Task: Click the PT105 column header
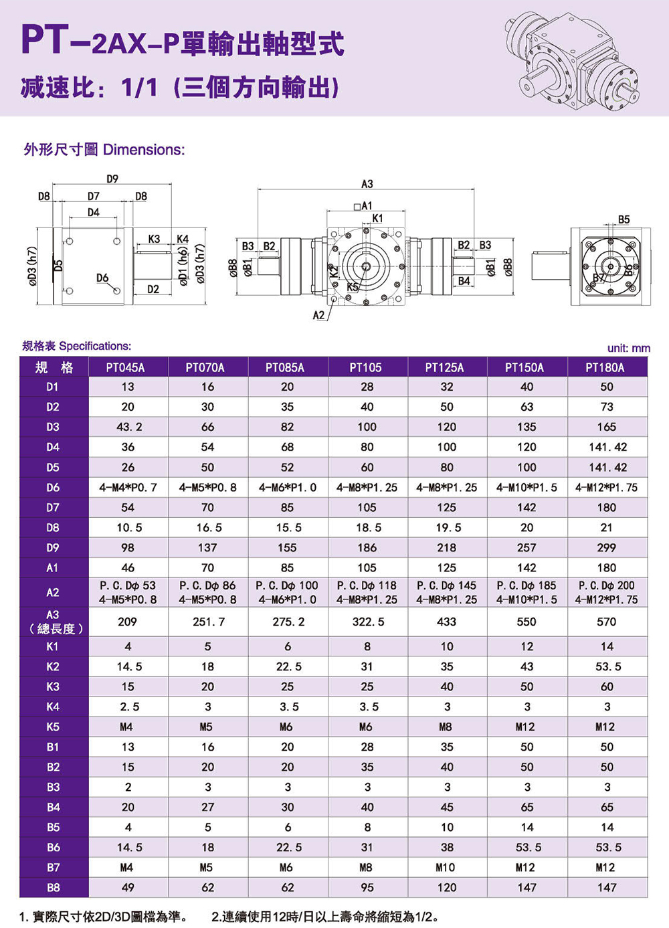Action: [365, 367]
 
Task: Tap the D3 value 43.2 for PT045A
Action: [128, 427]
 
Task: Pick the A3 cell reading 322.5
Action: [368, 622]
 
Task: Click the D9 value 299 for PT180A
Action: [607, 548]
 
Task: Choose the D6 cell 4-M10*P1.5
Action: [527, 488]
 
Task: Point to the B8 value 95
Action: [367, 887]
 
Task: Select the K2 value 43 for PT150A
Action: [527, 666]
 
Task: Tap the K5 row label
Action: [53, 727]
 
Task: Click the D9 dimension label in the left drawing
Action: [112, 179]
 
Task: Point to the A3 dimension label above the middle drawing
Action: [367, 184]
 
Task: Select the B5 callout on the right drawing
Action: [624, 219]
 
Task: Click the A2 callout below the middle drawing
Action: [318, 315]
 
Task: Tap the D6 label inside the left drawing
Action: [102, 278]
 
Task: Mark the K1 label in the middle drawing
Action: [377, 218]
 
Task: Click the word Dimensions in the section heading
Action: [144, 150]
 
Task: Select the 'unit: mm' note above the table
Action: [629, 349]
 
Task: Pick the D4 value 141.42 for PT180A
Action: [607, 447]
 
